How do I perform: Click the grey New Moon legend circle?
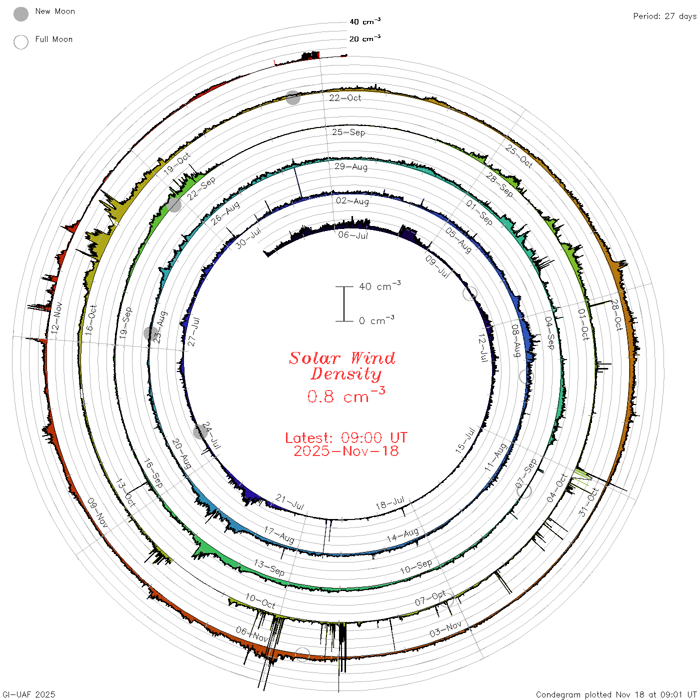20,14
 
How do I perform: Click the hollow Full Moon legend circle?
20,42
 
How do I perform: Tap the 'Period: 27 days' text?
665,16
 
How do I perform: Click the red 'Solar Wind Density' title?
342,366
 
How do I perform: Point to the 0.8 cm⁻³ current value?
346,395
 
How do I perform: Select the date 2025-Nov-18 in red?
346,451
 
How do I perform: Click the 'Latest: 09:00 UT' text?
346,437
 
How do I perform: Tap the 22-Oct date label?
345,98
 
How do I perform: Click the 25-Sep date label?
348,132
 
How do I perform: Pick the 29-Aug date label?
351,166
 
